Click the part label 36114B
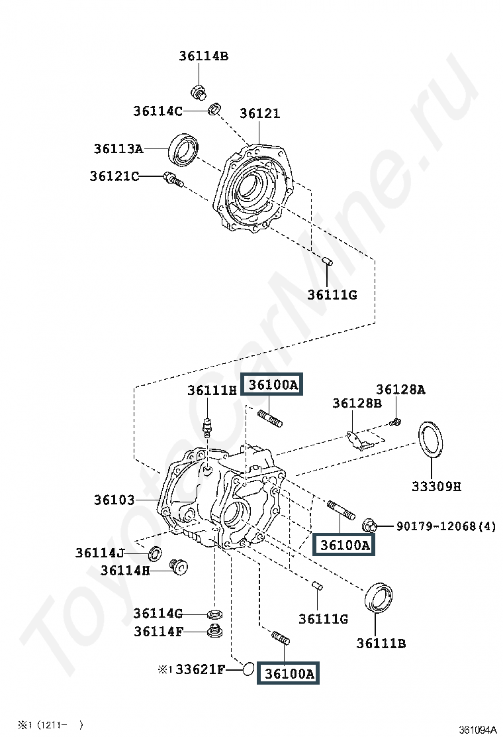(204, 56)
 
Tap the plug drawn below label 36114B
(199, 91)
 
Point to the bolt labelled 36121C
(173, 180)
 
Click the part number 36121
(260, 113)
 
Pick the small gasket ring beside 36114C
(214, 109)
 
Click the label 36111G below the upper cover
(332, 295)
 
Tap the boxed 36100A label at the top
(272, 385)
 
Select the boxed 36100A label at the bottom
(289, 673)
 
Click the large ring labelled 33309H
(430, 439)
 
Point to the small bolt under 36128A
(396, 422)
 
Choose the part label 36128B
(357, 403)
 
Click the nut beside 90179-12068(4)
(369, 526)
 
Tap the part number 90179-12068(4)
(446, 526)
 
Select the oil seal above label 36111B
(379, 597)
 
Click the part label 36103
(114, 500)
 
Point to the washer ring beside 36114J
(155, 554)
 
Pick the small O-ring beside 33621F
(249, 668)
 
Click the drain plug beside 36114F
(215, 631)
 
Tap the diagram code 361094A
(477, 730)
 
